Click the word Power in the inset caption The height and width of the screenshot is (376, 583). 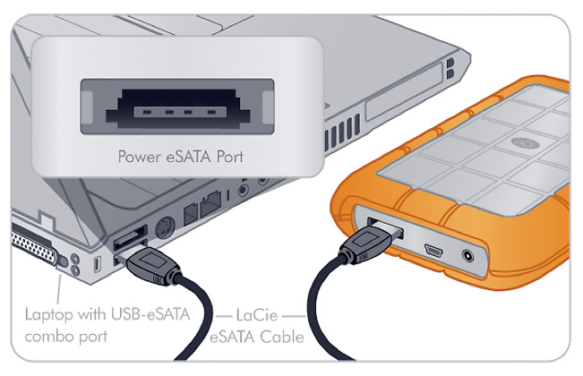140,157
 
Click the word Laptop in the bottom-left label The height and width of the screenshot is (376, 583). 48,315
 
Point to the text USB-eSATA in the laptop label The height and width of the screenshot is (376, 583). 151,314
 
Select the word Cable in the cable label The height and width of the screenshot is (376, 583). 282,337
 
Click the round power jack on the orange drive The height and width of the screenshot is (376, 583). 467,256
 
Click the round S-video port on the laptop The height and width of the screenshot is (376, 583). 165,227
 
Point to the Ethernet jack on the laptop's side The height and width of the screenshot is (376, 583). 210,203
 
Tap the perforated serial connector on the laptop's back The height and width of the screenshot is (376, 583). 34,247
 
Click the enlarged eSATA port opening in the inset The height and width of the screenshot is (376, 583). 177,109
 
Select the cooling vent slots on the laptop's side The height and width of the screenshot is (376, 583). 342,132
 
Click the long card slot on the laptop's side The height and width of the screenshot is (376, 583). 404,93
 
